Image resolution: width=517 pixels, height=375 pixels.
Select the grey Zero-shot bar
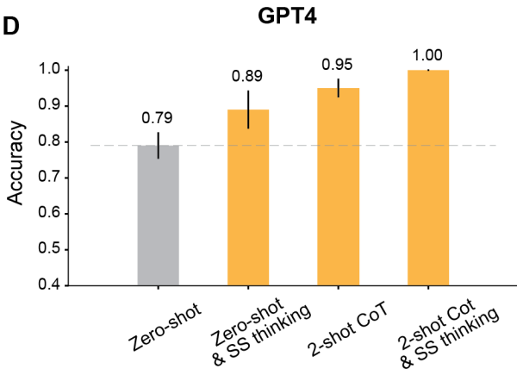click(158, 216)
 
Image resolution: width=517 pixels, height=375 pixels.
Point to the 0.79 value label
click(158, 117)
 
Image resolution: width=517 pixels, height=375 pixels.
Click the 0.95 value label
click(338, 65)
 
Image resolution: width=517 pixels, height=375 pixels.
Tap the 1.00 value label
click(428, 56)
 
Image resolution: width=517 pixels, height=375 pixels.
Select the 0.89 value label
click(248, 76)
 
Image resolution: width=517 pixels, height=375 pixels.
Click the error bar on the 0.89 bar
click(248, 109)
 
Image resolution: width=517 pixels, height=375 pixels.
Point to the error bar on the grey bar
click(158, 145)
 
